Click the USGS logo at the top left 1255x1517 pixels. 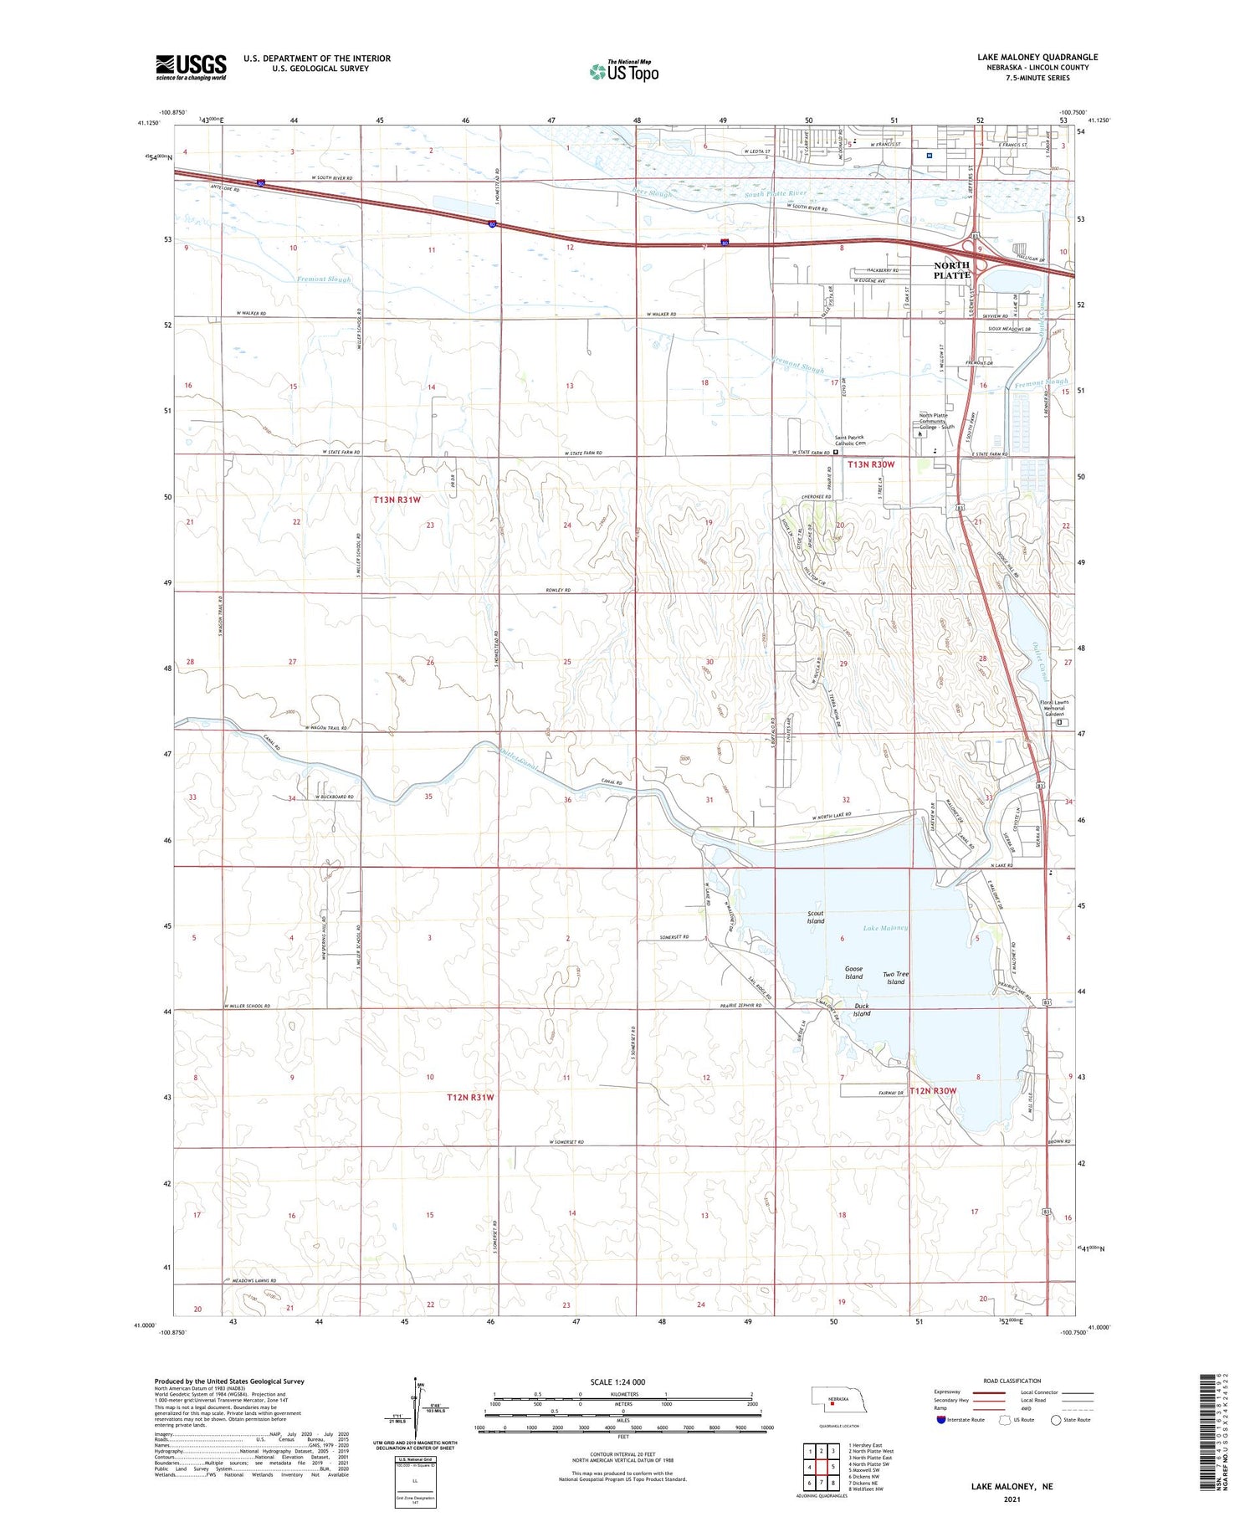tap(191, 67)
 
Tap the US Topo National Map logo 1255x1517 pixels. tap(624, 72)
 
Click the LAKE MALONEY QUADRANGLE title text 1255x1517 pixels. tap(1037, 57)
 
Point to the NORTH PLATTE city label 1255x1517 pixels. tap(952, 270)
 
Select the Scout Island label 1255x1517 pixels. tap(815, 917)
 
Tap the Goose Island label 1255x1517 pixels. tap(853, 972)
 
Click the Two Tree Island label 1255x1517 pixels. tap(895, 978)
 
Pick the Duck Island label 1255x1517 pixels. tap(862, 1009)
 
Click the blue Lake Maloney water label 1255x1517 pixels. tap(885, 928)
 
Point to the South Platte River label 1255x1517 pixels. tap(774, 194)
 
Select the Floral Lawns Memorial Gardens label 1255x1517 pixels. tap(1054, 708)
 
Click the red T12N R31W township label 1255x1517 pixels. tap(470, 1097)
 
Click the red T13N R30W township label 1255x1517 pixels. tap(871, 464)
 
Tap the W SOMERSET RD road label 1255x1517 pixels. tap(566, 1142)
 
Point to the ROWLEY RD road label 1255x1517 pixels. tap(558, 590)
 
